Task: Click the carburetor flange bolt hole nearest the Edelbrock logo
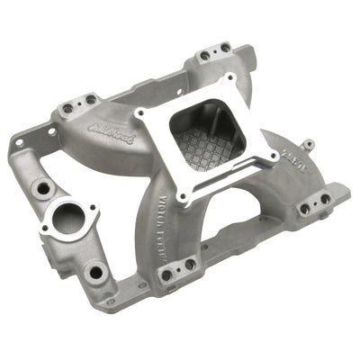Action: (x=142, y=115)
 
